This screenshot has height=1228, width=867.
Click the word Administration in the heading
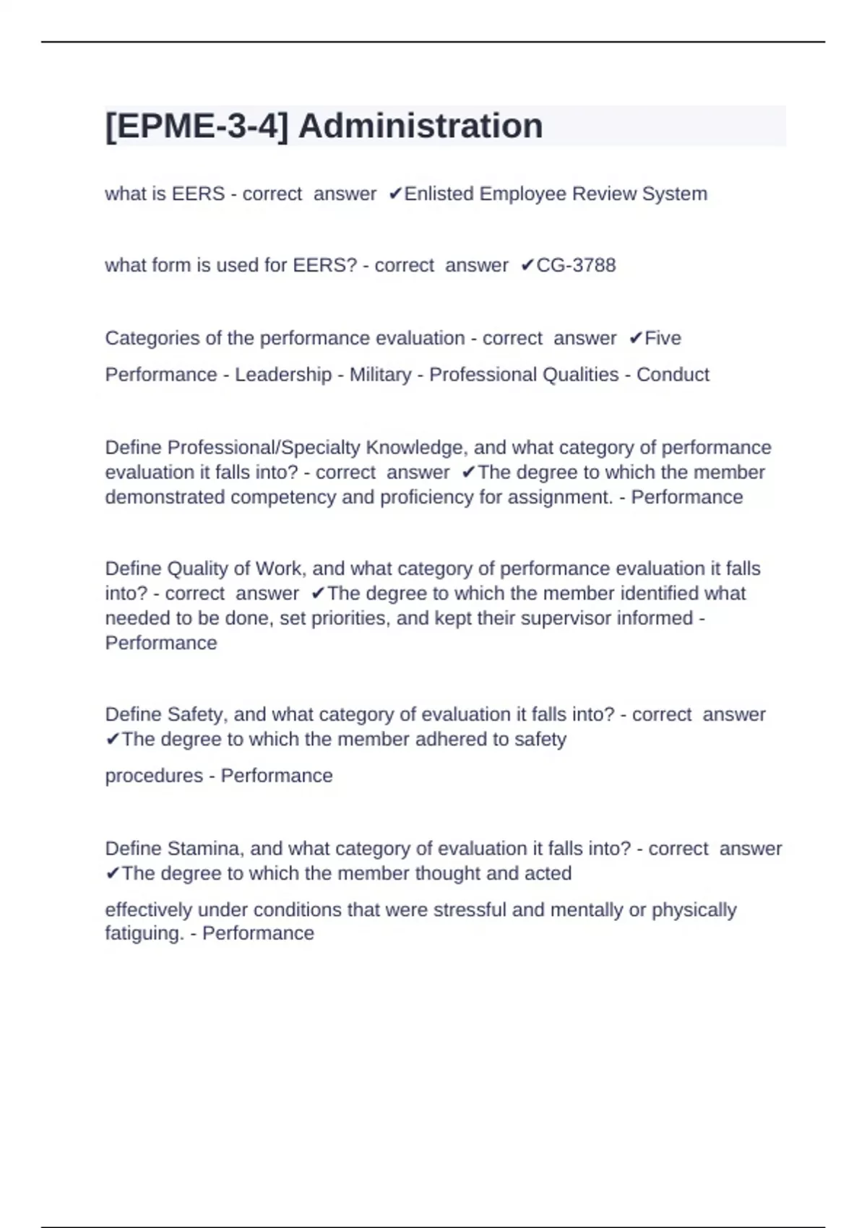point(420,126)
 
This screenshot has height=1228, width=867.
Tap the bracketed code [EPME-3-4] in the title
point(197,126)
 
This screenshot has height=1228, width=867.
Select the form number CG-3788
point(576,265)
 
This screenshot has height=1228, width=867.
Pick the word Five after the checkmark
point(663,338)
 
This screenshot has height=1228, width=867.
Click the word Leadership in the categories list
point(283,374)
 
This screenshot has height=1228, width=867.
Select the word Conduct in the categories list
point(673,374)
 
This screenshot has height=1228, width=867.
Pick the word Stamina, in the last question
point(206,848)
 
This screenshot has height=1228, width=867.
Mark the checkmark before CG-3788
point(527,266)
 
